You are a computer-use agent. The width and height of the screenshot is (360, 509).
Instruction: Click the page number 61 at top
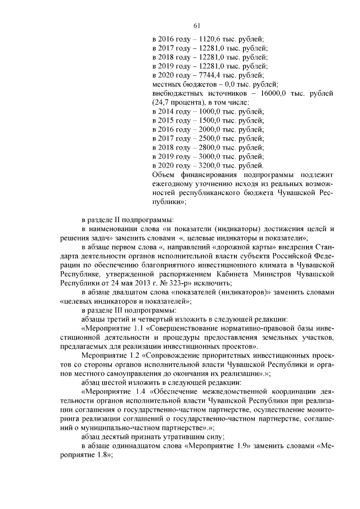click(x=197, y=25)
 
